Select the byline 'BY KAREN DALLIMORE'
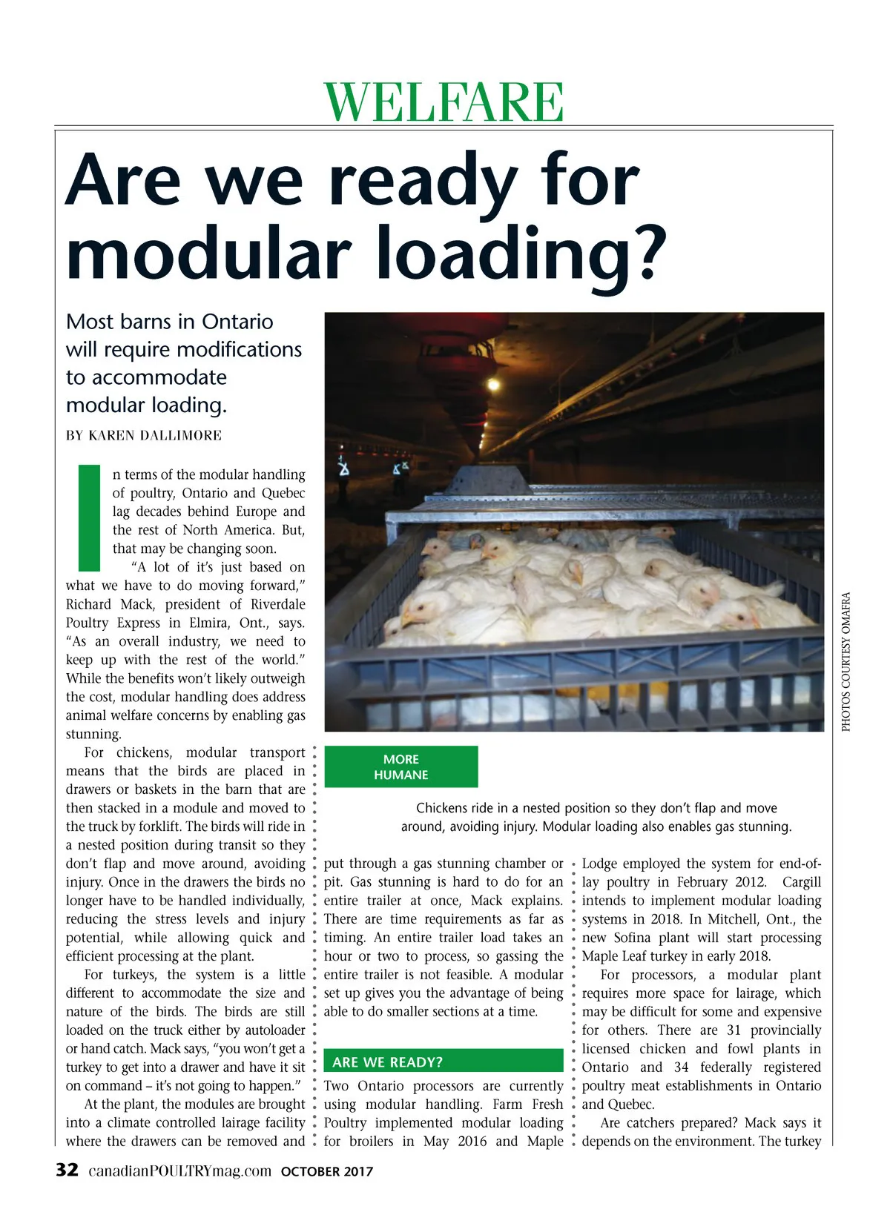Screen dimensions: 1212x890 coord(144,435)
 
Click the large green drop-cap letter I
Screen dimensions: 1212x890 coord(89,517)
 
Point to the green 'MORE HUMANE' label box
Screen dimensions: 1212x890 coord(401,766)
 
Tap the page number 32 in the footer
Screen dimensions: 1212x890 coord(67,1170)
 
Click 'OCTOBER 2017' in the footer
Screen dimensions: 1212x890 coord(327,1172)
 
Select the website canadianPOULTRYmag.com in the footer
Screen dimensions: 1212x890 coord(180,1171)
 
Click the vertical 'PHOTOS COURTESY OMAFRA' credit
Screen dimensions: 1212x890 coord(845,660)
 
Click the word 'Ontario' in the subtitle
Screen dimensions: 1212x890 coord(237,322)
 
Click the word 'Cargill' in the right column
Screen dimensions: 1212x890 coord(801,882)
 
